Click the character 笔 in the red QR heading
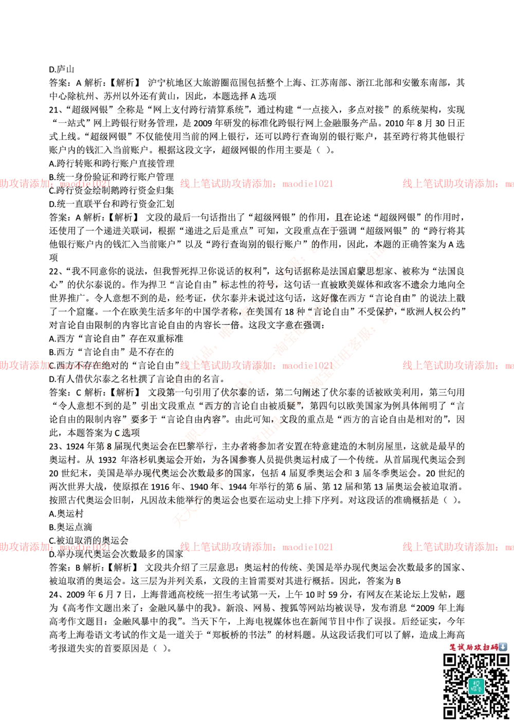(x=453, y=647)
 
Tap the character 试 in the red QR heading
(x=462, y=647)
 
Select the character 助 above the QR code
(x=470, y=647)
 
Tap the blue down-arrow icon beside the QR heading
(x=503, y=647)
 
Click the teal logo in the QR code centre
(x=476, y=686)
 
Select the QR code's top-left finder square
(x=450, y=661)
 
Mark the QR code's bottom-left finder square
(x=450, y=712)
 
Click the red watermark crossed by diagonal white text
(x=256, y=366)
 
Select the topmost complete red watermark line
(x=256, y=183)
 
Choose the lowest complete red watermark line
(x=256, y=547)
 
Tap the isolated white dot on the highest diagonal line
(x=226, y=332)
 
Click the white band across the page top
(x=257, y=43)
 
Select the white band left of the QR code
(x=216, y=686)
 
